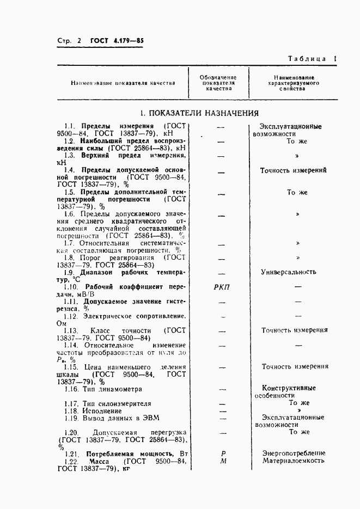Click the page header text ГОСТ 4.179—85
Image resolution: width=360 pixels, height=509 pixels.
[113, 41]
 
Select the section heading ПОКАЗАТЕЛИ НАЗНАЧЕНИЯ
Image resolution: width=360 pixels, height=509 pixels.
[198, 113]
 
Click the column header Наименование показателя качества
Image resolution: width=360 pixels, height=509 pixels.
[123, 83]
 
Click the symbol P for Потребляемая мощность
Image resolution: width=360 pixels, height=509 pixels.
[223, 452]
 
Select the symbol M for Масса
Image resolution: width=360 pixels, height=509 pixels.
[223, 461]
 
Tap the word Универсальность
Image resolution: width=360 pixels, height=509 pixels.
[289, 271]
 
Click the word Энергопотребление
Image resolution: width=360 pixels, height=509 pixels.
[294, 452]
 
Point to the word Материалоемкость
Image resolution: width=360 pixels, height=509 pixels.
[294, 461]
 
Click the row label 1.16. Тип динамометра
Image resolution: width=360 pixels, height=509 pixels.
[103, 389]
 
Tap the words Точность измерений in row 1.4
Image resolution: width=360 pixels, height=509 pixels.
[294, 170]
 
